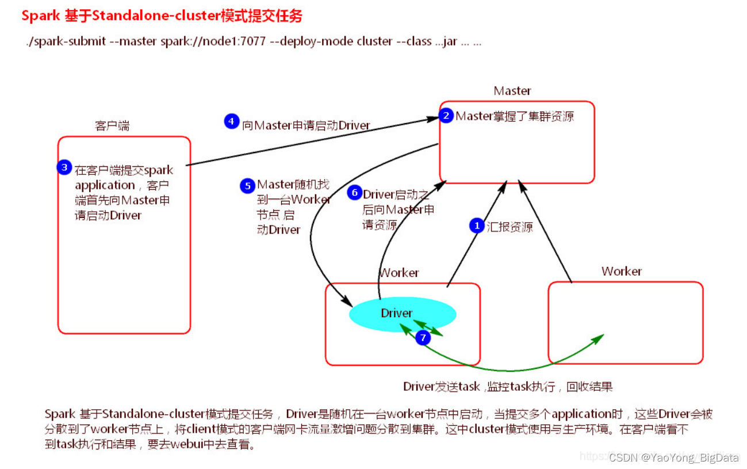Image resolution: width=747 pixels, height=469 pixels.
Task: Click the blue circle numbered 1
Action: tap(476, 226)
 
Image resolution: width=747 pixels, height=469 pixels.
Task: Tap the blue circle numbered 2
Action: tap(446, 115)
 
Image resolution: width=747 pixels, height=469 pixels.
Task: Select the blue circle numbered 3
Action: tap(64, 167)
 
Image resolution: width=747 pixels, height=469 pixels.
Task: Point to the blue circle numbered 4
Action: tap(231, 121)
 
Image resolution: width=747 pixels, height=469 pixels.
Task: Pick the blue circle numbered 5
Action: tap(247, 186)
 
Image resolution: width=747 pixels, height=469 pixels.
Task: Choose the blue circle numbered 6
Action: tap(354, 193)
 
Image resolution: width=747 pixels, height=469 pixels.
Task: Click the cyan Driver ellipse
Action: tap(403, 314)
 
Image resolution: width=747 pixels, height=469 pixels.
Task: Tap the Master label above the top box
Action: tap(512, 91)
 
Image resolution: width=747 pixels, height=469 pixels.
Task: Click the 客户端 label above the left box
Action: tap(112, 126)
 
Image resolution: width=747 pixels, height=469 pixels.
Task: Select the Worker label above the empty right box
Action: tap(622, 271)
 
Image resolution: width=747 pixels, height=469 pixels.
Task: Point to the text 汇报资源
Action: tap(510, 227)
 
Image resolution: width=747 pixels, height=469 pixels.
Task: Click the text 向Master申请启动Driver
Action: tap(305, 125)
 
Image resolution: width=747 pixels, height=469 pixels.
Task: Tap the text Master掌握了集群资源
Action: tap(515, 116)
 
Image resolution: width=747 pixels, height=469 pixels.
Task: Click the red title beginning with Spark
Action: tap(162, 16)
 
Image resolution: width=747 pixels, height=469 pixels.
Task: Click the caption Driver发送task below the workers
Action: tap(441, 387)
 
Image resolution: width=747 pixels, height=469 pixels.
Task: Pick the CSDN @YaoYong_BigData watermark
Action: tap(673, 457)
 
